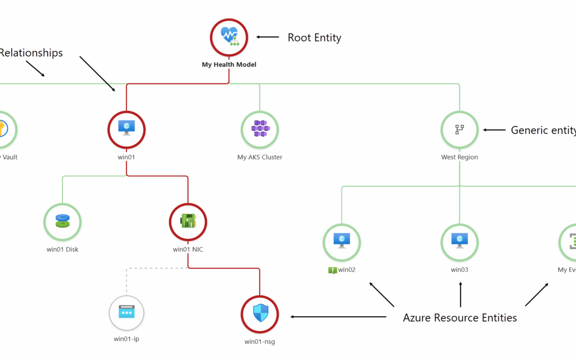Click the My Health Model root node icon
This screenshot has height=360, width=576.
coord(229,37)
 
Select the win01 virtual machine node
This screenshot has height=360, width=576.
coord(126,129)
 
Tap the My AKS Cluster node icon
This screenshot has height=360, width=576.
coord(260,129)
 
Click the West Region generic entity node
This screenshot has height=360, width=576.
coord(459,129)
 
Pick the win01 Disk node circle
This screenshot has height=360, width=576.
coord(62,221)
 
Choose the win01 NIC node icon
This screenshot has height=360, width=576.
coord(188,221)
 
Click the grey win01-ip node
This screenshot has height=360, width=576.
coord(126,313)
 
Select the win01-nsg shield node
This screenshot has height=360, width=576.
coord(260,314)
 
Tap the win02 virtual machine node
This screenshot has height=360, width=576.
coord(341,242)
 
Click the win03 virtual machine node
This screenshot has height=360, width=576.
coord(459,242)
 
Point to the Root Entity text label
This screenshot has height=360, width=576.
coord(314,37)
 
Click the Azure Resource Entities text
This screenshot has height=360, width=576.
coord(460,318)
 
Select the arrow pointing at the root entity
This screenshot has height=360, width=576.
coord(268,37)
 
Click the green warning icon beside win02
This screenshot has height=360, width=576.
coord(332,270)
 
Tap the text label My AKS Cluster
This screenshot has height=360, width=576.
coord(260,157)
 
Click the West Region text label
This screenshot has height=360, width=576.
coord(459,157)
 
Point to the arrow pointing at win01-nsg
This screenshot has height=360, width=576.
coord(338,317)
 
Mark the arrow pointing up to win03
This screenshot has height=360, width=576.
coord(460,294)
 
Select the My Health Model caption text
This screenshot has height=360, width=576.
coord(229,65)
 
